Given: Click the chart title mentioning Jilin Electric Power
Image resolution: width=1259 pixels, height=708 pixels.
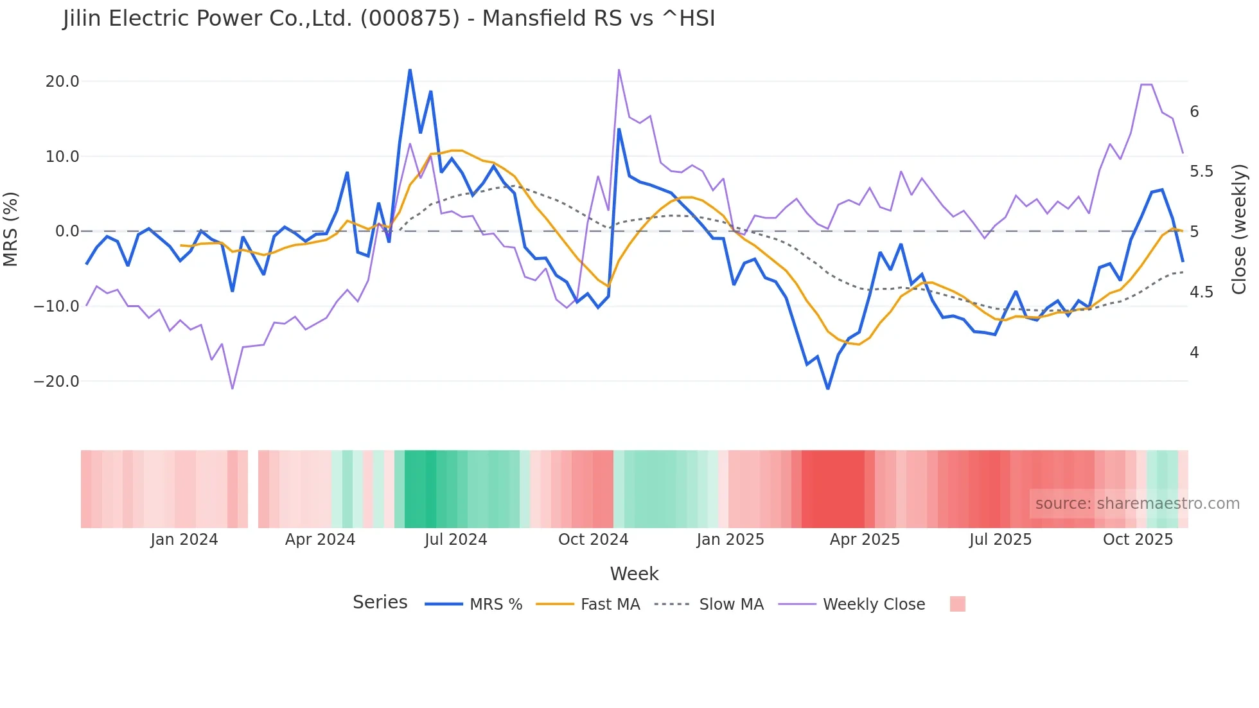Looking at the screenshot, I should (x=389, y=19).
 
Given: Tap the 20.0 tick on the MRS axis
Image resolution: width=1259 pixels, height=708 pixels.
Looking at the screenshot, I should (x=62, y=82).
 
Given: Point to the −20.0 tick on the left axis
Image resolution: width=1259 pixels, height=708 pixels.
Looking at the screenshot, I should (x=57, y=382).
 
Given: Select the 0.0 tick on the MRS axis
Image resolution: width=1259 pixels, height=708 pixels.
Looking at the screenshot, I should (x=67, y=231).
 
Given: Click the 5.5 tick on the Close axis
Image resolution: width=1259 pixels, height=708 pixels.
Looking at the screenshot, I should (x=1202, y=172).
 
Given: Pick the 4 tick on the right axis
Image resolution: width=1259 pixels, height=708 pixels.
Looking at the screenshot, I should (x=1194, y=353).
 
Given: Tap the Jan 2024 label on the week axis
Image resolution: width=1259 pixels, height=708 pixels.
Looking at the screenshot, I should (x=184, y=540).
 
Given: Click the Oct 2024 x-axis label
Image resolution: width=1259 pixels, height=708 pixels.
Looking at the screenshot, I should (x=593, y=540).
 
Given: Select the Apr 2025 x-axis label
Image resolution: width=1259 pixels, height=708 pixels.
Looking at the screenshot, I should (x=865, y=540).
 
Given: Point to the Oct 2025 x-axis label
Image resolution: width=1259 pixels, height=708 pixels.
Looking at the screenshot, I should (x=1138, y=540).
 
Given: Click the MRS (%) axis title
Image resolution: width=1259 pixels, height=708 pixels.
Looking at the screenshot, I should (x=11, y=229).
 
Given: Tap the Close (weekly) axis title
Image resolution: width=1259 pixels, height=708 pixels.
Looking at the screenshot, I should (x=1239, y=229).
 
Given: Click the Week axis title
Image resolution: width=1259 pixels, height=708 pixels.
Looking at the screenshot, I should (x=634, y=574).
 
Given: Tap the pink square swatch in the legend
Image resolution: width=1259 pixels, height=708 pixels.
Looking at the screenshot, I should (x=957, y=604).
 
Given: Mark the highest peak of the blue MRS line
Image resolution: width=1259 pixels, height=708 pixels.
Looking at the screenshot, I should (x=410, y=69).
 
